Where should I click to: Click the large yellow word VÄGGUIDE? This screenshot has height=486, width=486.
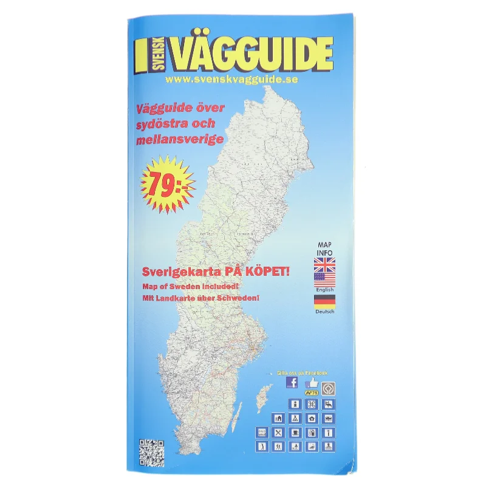pyautogui.click(x=252, y=55)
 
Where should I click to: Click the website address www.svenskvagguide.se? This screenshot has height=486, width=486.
pyautogui.click(x=231, y=80)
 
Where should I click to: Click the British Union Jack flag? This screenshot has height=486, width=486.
pyautogui.click(x=324, y=264)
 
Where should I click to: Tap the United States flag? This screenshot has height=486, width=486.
pyautogui.click(x=324, y=279)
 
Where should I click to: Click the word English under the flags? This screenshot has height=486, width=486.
pyautogui.click(x=324, y=290)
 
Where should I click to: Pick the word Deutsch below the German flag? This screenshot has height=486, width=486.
pyautogui.click(x=324, y=312)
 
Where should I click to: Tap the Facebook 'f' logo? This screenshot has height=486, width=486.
pyautogui.click(x=292, y=383)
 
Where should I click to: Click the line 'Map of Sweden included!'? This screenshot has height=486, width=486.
pyautogui.click(x=192, y=286)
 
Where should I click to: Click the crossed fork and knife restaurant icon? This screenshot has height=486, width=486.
pyautogui.click(x=278, y=433)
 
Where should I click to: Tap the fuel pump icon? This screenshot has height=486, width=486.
pyautogui.click(x=312, y=433)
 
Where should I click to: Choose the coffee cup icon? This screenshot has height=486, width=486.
pyautogui.click(x=295, y=433)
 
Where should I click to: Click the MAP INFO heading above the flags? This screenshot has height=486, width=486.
pyautogui.click(x=324, y=248)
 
